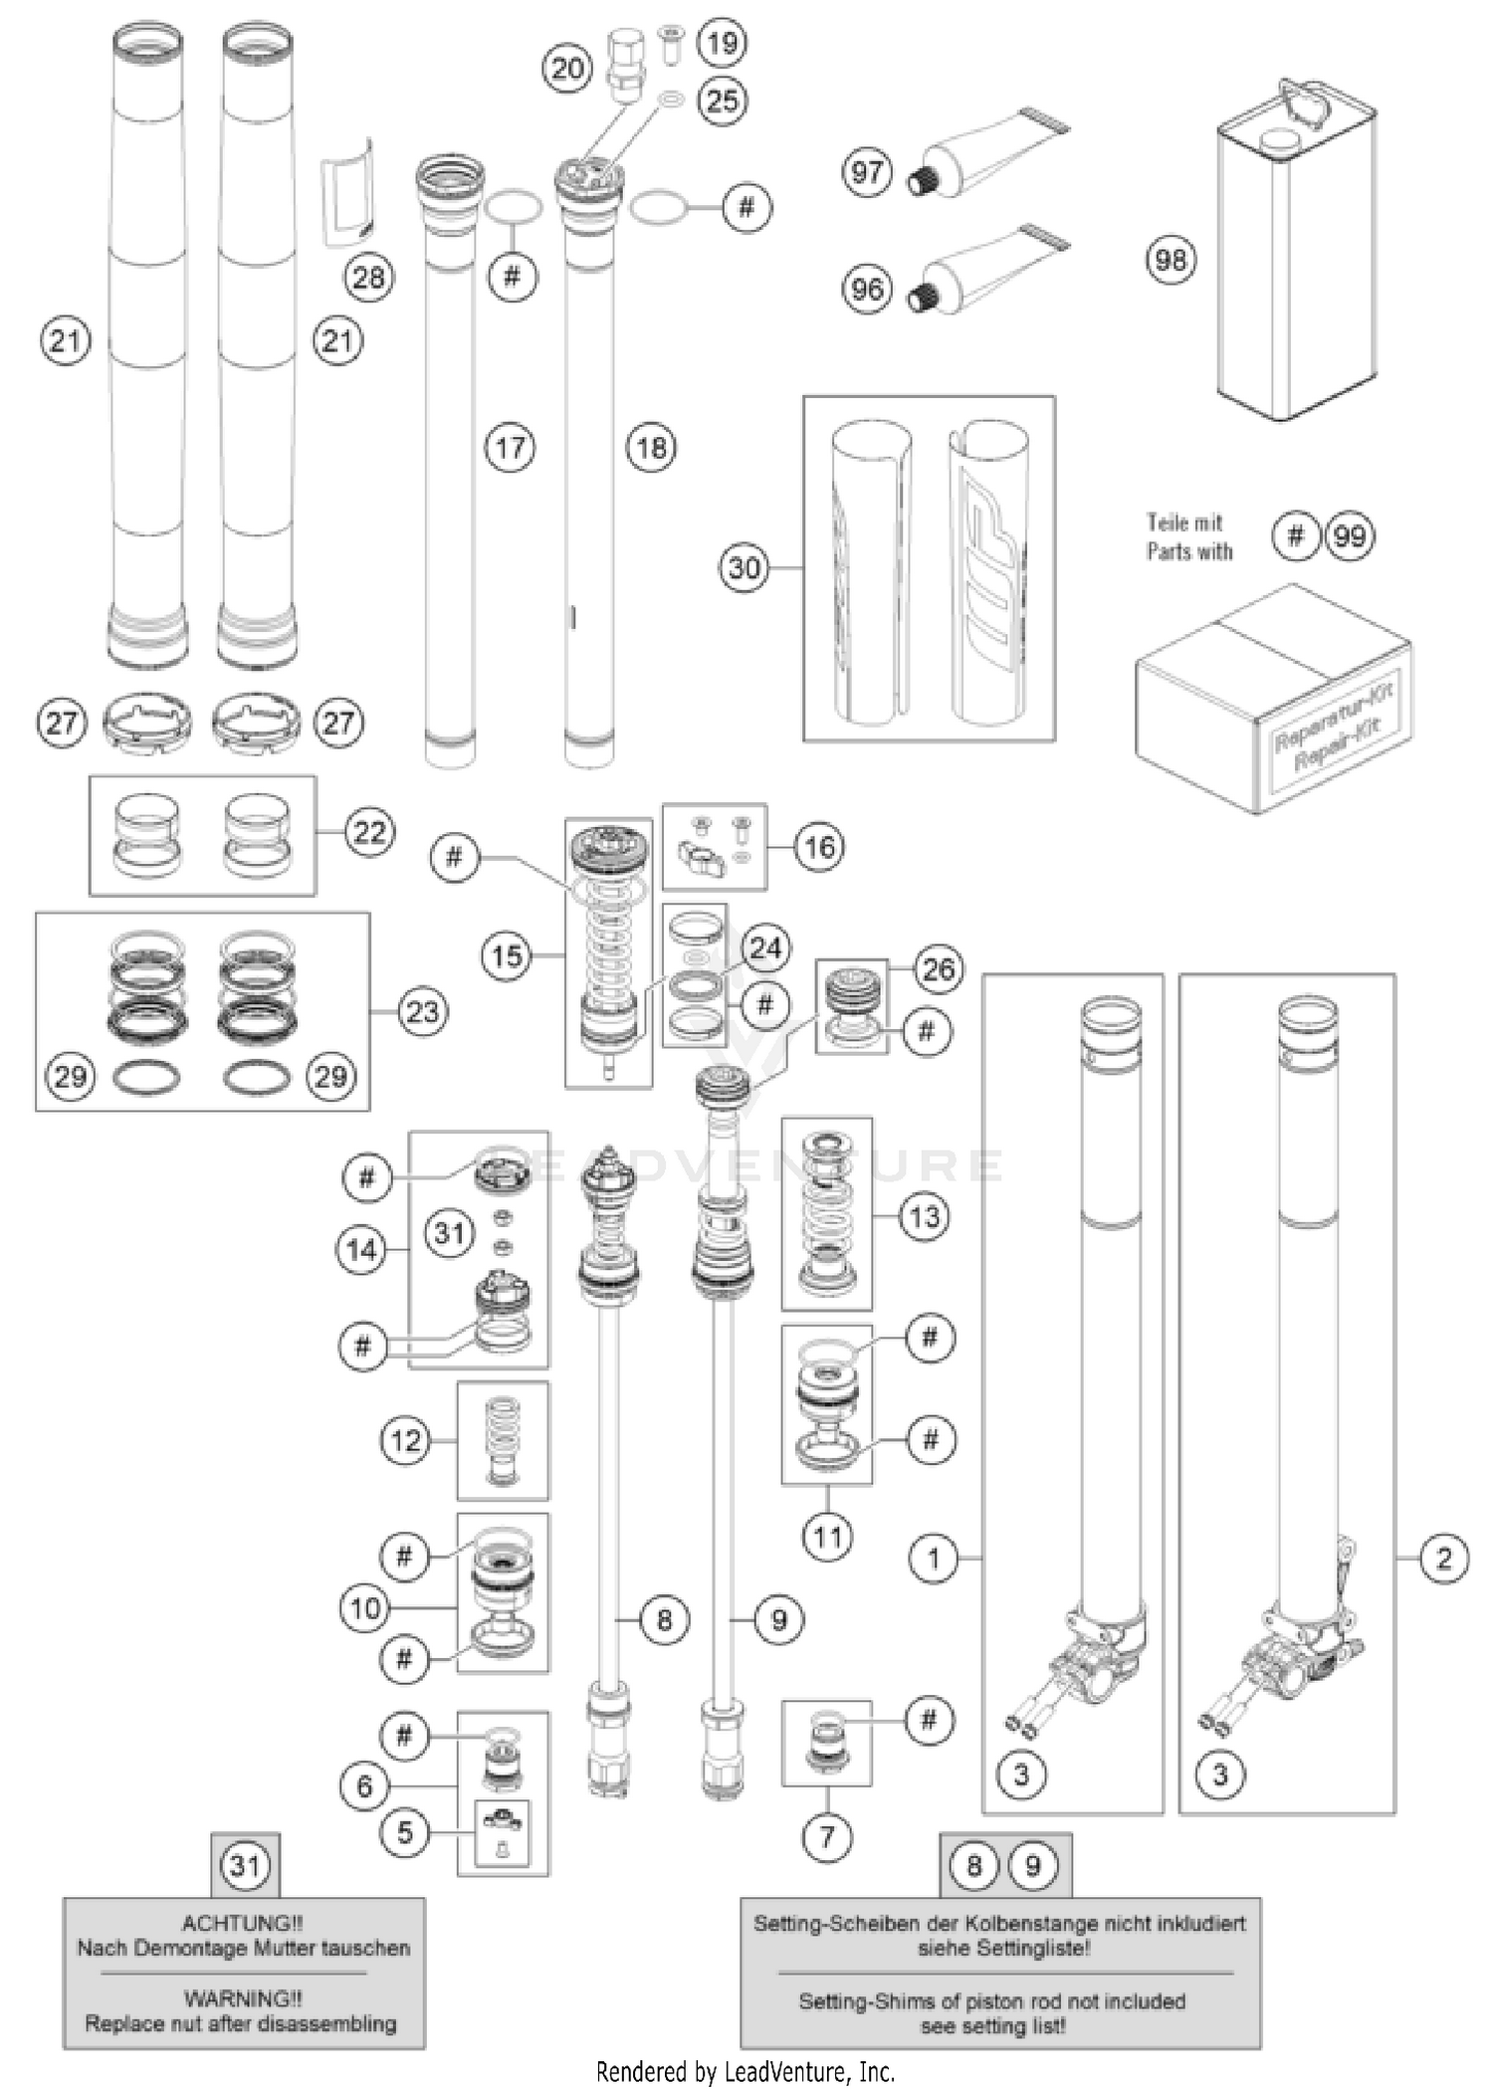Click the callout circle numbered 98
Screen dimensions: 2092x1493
click(1171, 260)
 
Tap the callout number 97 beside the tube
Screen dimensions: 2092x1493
click(867, 172)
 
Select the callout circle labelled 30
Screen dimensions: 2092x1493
click(745, 568)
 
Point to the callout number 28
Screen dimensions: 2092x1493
click(368, 277)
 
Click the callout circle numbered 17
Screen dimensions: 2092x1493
click(510, 447)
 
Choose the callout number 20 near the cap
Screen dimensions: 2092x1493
click(567, 69)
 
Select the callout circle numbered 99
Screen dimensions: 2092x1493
click(1349, 536)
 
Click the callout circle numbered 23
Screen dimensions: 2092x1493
click(422, 1012)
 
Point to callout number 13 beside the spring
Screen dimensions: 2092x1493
click(924, 1216)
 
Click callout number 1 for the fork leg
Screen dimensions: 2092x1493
click(934, 1559)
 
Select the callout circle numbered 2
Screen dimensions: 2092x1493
click(1444, 1559)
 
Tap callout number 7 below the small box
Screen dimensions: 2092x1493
click(827, 1836)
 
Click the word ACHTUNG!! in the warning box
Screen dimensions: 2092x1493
click(243, 1924)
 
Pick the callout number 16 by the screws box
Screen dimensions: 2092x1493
click(819, 847)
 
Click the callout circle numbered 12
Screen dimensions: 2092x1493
click(406, 1440)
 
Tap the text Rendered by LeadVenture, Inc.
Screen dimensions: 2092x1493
click(746, 2072)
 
